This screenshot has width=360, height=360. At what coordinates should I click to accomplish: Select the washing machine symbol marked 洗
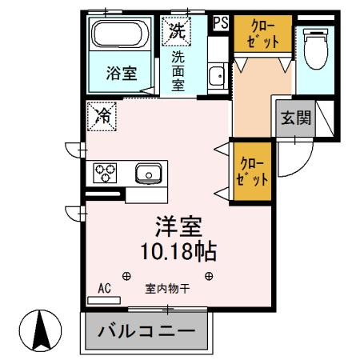177,31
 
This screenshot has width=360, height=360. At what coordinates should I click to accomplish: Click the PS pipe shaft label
221,23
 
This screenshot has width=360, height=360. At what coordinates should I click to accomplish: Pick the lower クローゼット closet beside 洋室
251,173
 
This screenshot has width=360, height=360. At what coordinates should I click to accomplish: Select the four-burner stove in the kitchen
106,172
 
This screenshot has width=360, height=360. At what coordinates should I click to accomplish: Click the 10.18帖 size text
178,251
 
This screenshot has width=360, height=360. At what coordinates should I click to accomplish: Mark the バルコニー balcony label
146,331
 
